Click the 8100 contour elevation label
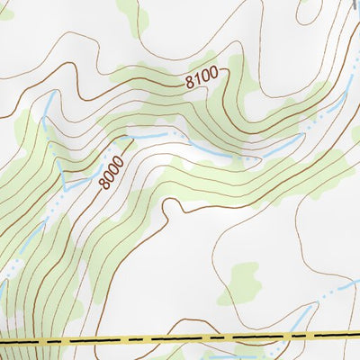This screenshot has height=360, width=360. (202, 81)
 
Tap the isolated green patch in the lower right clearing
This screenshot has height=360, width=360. (240, 280)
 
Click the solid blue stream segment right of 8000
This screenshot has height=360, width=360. (148, 135)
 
